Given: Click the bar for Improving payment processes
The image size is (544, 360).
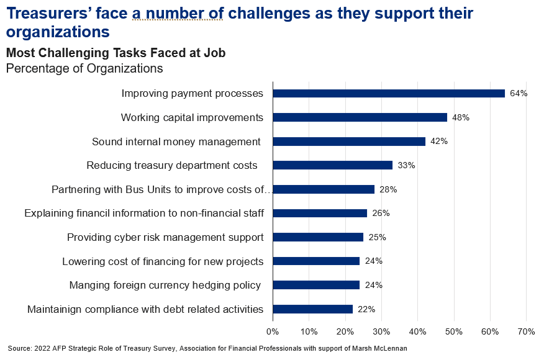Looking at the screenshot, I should coord(389,93).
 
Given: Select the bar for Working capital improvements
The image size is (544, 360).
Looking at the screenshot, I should coord(360,117).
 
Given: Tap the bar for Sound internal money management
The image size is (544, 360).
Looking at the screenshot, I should coord(349,142).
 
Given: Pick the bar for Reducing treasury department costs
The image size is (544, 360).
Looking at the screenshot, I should coord(333,165).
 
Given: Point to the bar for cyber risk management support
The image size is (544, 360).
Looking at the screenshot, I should coord(318,237).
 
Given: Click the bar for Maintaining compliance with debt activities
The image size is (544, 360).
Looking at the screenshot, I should coord(313,309).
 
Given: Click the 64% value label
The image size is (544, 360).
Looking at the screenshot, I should coord(519,94).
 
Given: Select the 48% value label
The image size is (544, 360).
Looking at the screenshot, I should coord(461,117).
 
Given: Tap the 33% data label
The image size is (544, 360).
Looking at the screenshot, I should coord(406,166).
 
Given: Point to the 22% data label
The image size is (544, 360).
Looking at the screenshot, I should coord(366,309).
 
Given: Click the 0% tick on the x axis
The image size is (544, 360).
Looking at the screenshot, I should coord(273,332).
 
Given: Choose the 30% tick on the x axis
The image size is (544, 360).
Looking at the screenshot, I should coord(381,332).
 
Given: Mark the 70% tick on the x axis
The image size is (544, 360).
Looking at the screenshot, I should coord(526,332).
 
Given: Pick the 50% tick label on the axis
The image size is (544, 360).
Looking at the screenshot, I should coord(454,332).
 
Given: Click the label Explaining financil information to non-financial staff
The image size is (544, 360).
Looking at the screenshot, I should coord(144,214).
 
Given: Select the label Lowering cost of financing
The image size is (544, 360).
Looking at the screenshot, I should coord(163,261).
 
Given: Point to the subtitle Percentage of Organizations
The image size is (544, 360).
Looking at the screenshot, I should coord(84,68).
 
